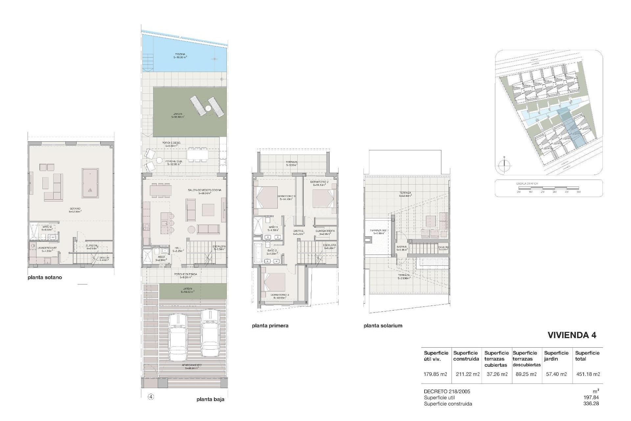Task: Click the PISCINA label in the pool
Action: coord(180,54)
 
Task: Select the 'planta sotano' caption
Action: coord(45,277)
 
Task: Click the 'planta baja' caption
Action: coord(210,399)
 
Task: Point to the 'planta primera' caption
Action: coord(270,326)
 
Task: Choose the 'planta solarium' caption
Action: coord(383,326)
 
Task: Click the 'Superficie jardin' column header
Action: coord(556,356)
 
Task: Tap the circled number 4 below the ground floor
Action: coord(151,397)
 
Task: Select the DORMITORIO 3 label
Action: coord(280,295)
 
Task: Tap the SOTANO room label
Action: coord(75,209)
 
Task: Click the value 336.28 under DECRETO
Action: coord(590,404)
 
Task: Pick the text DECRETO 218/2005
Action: coord(447,391)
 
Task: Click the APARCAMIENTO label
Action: coord(192,365)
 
